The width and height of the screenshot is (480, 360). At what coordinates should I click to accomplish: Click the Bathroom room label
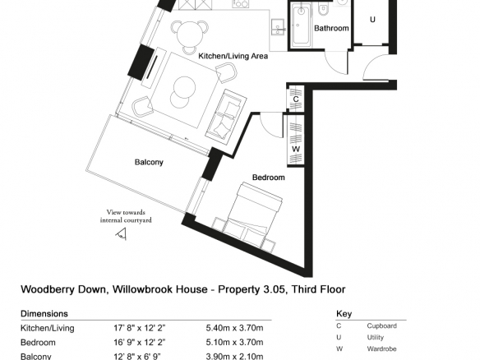(x=331, y=28)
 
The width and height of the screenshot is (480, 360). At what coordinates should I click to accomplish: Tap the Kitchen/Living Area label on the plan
(x=233, y=56)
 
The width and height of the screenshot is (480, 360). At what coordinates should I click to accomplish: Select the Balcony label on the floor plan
(x=149, y=162)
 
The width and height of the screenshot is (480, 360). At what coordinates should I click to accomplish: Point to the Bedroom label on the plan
(x=268, y=178)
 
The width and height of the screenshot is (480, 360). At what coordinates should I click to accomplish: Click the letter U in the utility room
(x=372, y=20)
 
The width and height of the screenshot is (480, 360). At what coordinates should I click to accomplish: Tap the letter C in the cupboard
(x=296, y=99)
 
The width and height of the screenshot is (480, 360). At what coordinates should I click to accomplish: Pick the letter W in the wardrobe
(x=296, y=149)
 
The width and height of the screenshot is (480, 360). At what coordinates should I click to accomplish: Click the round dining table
(x=190, y=35)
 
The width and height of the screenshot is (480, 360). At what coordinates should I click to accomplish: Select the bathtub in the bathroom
(x=301, y=26)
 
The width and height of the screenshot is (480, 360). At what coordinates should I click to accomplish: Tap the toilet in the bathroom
(x=323, y=11)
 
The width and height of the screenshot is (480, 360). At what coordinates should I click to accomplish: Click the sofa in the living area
(x=226, y=115)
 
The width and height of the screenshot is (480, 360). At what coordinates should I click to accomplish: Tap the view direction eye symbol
(x=121, y=234)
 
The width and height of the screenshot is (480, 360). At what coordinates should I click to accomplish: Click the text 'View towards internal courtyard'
(x=126, y=216)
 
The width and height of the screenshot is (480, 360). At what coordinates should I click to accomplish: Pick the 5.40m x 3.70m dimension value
(x=234, y=328)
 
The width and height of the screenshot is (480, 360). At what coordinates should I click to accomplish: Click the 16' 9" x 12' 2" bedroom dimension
(x=140, y=342)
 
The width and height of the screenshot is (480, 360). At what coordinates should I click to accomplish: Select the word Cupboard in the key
(x=381, y=326)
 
